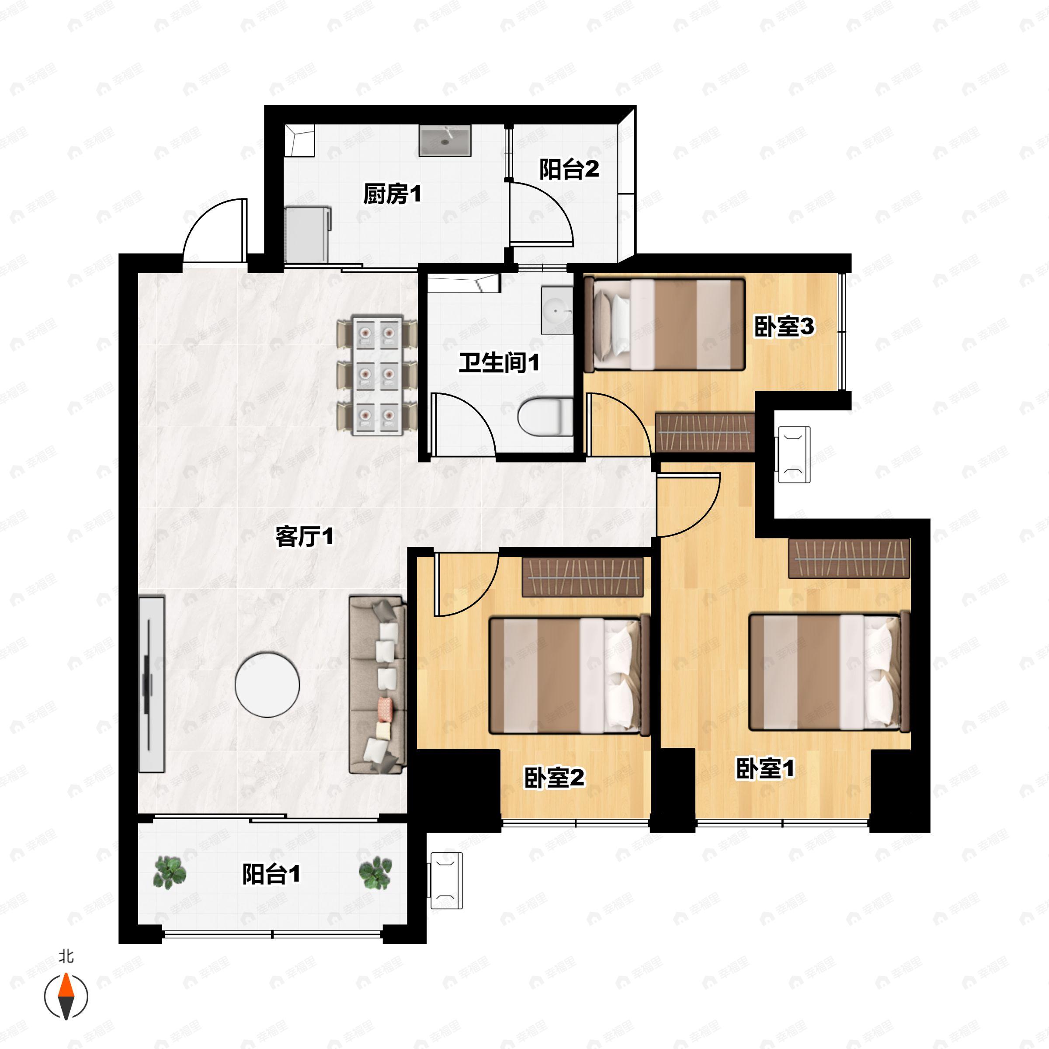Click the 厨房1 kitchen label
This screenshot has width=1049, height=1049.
(x=392, y=194)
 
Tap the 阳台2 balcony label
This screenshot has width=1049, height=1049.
(x=569, y=170)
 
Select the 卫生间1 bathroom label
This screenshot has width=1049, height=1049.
(x=499, y=363)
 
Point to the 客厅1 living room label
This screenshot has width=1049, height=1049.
(x=304, y=537)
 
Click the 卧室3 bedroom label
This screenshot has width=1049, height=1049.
(x=784, y=327)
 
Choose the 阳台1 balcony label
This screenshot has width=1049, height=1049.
(x=271, y=874)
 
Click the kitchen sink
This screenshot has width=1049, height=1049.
(x=445, y=141)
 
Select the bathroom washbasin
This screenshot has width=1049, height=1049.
(x=556, y=311)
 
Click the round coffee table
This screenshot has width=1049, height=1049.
(x=267, y=684)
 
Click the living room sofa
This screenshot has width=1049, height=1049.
(x=377, y=685)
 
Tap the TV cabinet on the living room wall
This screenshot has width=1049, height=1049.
(x=152, y=684)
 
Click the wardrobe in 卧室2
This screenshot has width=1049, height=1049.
(x=582, y=577)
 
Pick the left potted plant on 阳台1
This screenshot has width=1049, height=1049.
(x=170, y=872)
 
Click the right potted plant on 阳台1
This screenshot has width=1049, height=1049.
(x=375, y=872)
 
